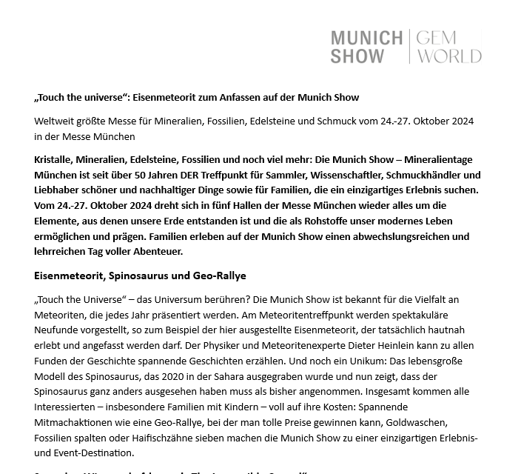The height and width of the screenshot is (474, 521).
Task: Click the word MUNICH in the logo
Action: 366,39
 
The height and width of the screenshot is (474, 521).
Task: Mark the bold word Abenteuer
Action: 156,252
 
